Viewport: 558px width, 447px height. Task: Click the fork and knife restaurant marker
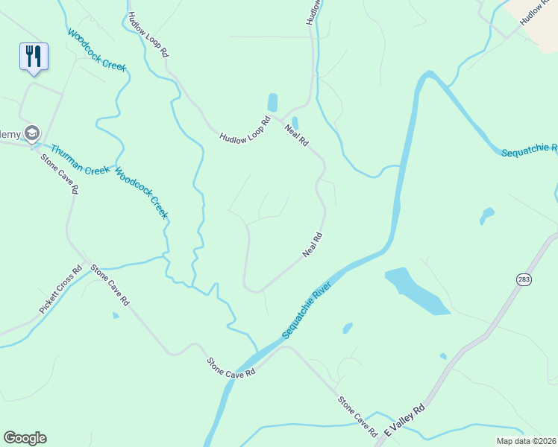pyautogui.click(x=34, y=56)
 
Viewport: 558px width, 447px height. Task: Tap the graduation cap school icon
pyautogui.click(x=31, y=133)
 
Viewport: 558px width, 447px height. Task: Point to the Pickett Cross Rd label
pyautogui.click(x=60, y=290)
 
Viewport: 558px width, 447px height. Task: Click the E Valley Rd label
pyautogui.click(x=404, y=420)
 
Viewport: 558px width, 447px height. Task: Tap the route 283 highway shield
pyautogui.click(x=522, y=279)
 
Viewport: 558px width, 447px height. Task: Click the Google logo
pyautogui.click(x=25, y=438)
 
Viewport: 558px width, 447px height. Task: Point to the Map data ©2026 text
pyautogui.click(x=525, y=441)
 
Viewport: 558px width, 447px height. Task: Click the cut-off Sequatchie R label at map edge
pyautogui.click(x=529, y=151)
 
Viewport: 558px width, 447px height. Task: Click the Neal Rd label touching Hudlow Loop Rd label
pyautogui.click(x=296, y=135)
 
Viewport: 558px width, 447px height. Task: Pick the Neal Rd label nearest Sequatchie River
pyautogui.click(x=313, y=246)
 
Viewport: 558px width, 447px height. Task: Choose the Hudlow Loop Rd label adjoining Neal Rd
pyautogui.click(x=245, y=130)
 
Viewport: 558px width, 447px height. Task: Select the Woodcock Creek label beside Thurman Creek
pyautogui.click(x=141, y=193)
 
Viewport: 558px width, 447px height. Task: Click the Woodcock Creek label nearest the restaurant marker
pyautogui.click(x=97, y=50)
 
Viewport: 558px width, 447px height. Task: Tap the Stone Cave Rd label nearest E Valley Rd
pyautogui.click(x=357, y=416)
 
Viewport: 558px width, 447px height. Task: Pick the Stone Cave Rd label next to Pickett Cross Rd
pyautogui.click(x=110, y=285)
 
